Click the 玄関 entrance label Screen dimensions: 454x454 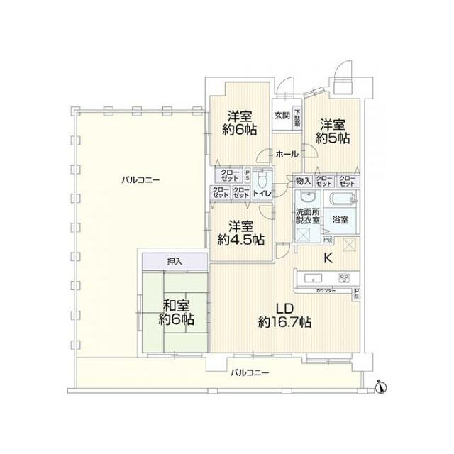coord(282,116)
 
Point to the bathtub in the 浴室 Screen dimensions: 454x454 coord(343,199)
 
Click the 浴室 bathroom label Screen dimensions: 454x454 coord(340,220)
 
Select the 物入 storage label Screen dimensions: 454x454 coord(303,180)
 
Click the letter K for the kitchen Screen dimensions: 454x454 coord(328,258)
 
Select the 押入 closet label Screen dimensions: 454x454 coord(175,261)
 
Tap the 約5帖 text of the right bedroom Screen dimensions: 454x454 coord(332,139)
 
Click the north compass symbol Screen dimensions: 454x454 coord(380,386)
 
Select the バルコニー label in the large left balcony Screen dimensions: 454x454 coord(140,179)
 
